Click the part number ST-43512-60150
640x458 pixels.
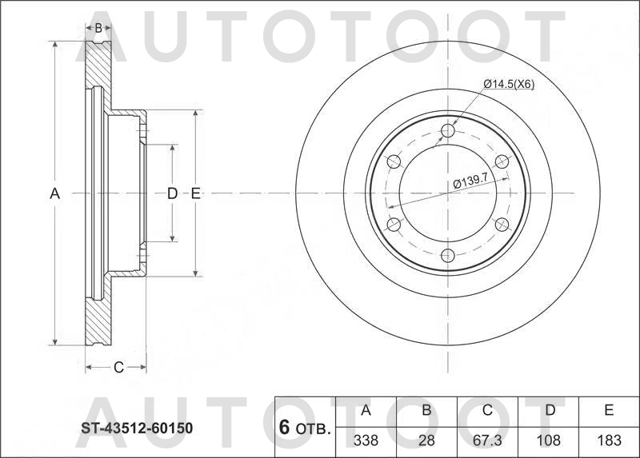click(136, 428)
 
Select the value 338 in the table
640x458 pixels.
click(366, 440)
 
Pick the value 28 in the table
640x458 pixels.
click(426, 440)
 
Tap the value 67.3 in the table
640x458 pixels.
click(487, 440)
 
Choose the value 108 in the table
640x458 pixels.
click(548, 440)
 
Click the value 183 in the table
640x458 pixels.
click(608, 440)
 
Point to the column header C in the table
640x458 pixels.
click(487, 411)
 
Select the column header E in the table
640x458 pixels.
click(608, 411)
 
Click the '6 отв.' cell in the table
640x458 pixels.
click(305, 428)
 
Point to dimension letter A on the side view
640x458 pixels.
click(54, 193)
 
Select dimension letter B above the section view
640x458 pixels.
click(98, 28)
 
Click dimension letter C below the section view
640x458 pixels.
click(118, 368)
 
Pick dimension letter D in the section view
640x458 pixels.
click(171, 193)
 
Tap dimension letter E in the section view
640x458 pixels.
click(195, 193)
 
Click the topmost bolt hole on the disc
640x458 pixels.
click(448, 130)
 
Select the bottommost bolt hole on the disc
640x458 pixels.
click(448, 256)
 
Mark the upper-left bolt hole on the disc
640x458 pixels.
click(394, 162)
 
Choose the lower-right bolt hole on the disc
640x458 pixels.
click(502, 225)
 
